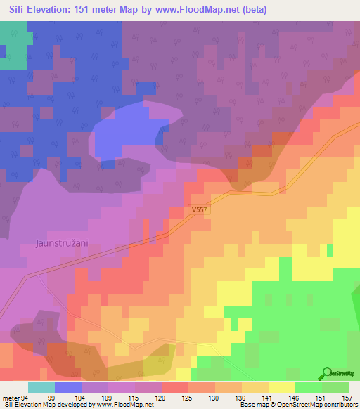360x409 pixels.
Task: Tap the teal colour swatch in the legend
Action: [41, 387]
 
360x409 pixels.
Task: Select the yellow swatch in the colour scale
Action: [282, 387]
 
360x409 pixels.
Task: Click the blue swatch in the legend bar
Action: [68, 387]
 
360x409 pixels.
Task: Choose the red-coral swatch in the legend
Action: [175, 387]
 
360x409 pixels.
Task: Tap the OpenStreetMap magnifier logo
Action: [326, 373]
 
